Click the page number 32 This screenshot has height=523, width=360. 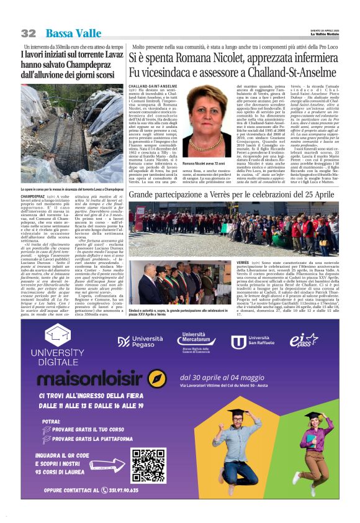coord(28,33)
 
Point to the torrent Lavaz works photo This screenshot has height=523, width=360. coord(72,137)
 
